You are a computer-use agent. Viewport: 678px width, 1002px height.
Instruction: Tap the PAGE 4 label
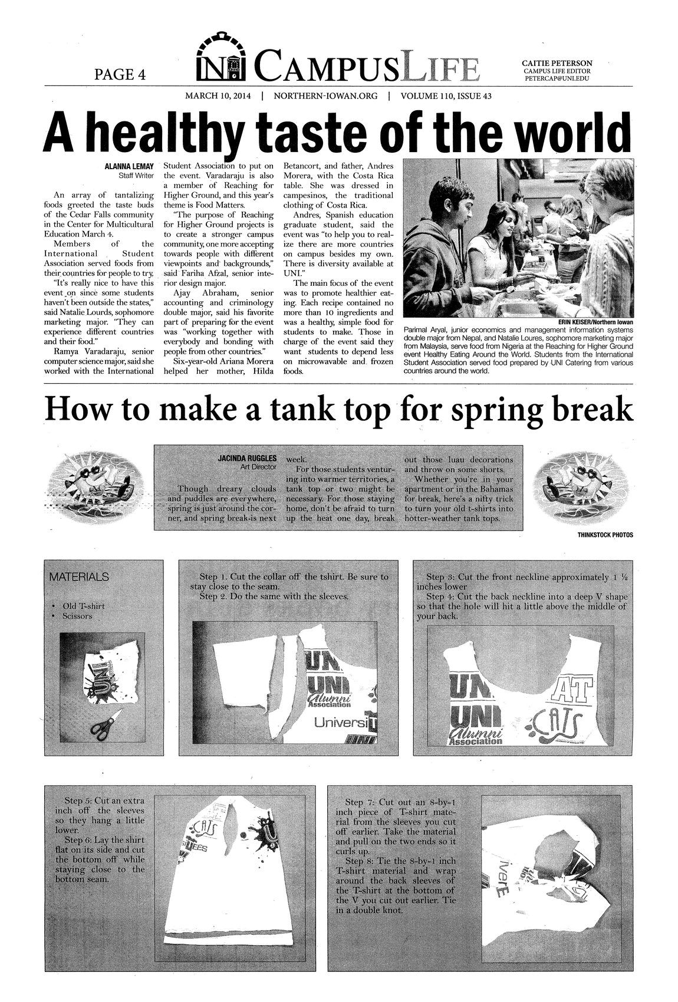click(120, 74)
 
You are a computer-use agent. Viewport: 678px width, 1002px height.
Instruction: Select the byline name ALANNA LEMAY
click(129, 167)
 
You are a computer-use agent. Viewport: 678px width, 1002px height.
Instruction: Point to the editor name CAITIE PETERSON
click(557, 62)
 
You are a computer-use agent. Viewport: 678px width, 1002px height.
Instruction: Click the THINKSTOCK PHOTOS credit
click(605, 535)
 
